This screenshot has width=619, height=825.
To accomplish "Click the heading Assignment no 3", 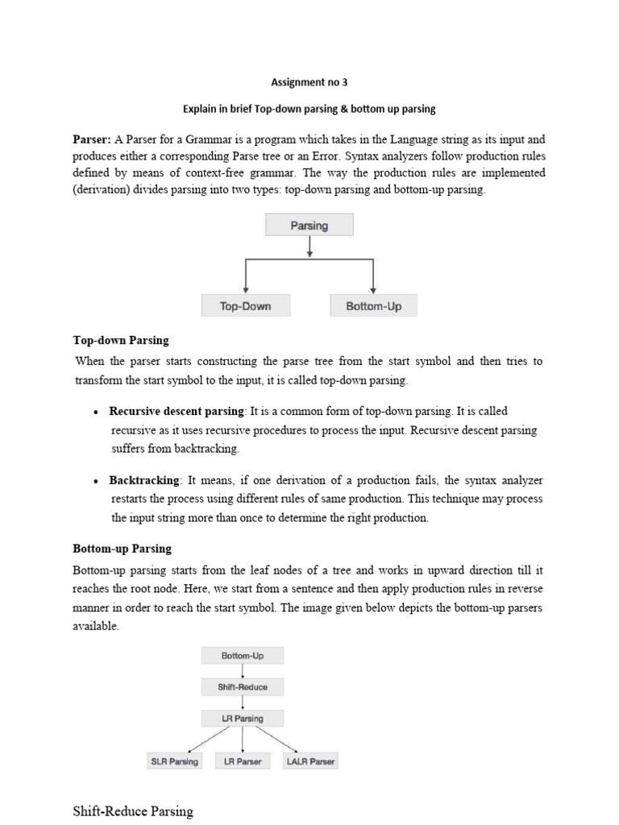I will pyautogui.click(x=309, y=81).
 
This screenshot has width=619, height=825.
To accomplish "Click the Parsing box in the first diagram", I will pyautogui.click(x=309, y=226).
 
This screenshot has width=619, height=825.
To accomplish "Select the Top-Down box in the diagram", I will pyautogui.click(x=245, y=306).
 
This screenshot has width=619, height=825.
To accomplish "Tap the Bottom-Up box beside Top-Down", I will pyautogui.click(x=373, y=306).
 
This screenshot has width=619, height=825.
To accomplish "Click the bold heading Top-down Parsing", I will pyautogui.click(x=121, y=341).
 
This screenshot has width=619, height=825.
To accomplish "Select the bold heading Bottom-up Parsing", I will pyautogui.click(x=123, y=549).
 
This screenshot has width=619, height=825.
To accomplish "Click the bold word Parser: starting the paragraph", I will pyautogui.click(x=92, y=139).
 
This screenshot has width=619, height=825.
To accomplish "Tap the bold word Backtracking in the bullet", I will pyautogui.click(x=146, y=480).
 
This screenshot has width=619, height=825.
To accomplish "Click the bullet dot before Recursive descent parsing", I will pyautogui.click(x=96, y=412).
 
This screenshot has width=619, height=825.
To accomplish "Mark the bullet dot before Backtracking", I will pyautogui.click(x=96, y=481).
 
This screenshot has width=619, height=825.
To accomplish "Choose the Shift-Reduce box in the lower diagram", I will pyautogui.click(x=243, y=686).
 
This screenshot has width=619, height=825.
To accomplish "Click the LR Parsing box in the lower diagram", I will pyautogui.click(x=243, y=718).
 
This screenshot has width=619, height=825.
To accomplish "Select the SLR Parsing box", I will pyautogui.click(x=174, y=761).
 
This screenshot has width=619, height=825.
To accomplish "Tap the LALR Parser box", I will pyautogui.click(x=310, y=761).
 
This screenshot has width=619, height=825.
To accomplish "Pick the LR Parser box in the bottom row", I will pyautogui.click(x=243, y=761).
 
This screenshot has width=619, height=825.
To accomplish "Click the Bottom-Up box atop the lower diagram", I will pyautogui.click(x=243, y=656).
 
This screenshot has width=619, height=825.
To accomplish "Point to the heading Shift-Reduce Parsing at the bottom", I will pyautogui.click(x=134, y=810).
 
